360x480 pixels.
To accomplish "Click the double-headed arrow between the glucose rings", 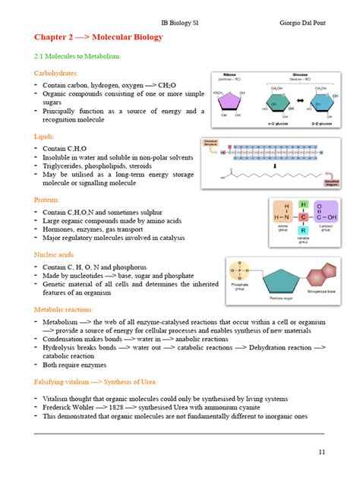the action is [301, 101].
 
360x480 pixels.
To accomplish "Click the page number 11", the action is [322, 453].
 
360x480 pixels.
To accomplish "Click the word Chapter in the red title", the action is [52, 36].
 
